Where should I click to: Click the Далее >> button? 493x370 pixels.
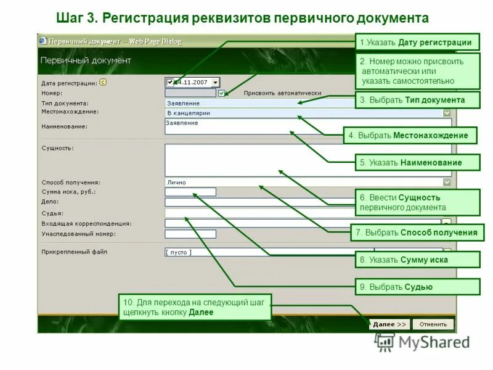coord(389,324)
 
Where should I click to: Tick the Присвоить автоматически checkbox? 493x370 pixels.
coord(222,93)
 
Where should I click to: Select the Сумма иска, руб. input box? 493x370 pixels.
coord(190,192)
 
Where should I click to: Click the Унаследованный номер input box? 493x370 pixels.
coord(190,234)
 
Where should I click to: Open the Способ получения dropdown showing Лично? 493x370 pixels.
coord(308,182)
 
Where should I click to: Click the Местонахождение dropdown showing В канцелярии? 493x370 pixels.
coord(308,113)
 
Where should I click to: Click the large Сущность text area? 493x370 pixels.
coord(308,160)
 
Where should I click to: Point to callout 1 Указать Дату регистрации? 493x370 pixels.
coord(417,42)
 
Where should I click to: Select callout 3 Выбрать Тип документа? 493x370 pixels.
coord(417,99)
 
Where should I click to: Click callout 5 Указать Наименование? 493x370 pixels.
coord(417,163)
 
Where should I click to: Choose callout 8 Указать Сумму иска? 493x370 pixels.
coord(417,260)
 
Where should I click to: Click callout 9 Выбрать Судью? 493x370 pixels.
coord(417,287)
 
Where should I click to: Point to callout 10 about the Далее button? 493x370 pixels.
coord(194,307)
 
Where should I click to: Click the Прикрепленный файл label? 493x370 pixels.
coord(75,252)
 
